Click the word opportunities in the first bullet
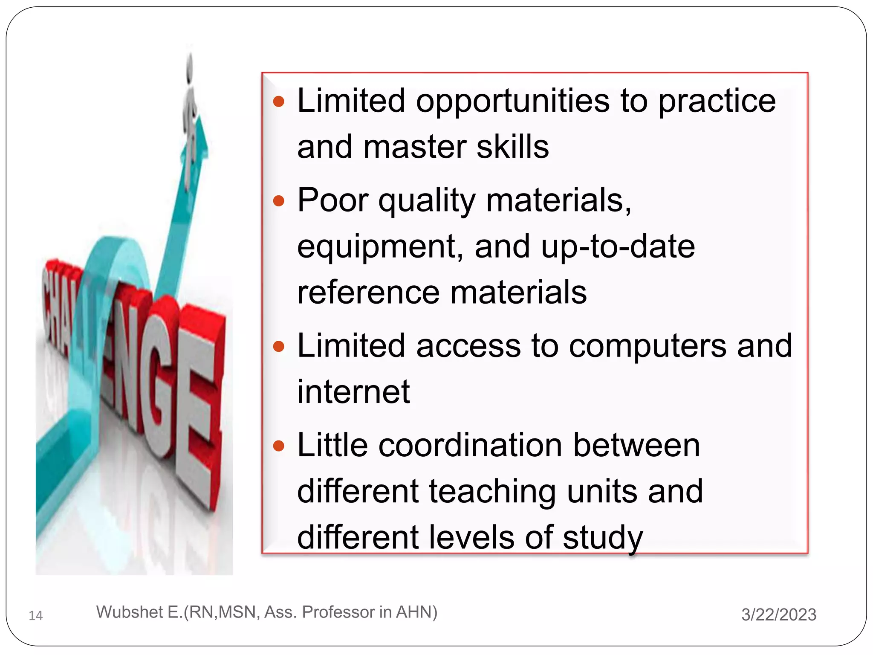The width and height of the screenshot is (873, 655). pyautogui.click(x=513, y=102)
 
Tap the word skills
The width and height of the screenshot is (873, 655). pyautogui.click(x=512, y=147)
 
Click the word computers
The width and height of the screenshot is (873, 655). pyautogui.click(x=648, y=345)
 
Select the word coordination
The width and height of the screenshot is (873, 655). pyautogui.click(x=470, y=445)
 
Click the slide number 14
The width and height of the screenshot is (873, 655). pyautogui.click(x=36, y=615)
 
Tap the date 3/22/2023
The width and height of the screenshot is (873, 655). pyautogui.click(x=778, y=614)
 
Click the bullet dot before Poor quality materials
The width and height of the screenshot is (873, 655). pyautogui.click(x=278, y=200)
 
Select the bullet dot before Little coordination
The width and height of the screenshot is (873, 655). pyautogui.click(x=278, y=446)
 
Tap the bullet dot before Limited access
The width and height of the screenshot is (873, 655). pyautogui.click(x=278, y=346)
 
